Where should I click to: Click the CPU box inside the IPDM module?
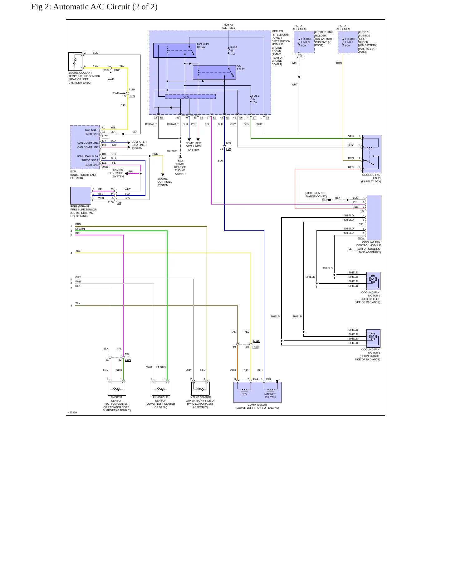190,97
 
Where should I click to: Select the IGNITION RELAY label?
203,46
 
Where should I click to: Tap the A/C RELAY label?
241,68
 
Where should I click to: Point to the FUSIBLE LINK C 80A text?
306,42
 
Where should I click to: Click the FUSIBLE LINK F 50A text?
351,42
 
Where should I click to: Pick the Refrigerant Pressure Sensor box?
81,195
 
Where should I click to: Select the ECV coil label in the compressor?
244,394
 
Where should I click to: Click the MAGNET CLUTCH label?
270,396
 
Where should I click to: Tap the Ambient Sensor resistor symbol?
117,389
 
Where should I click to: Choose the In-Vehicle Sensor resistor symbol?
161,389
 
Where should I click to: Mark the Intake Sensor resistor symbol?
200,389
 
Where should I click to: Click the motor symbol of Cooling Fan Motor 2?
373,279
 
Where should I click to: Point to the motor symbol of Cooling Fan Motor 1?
373,336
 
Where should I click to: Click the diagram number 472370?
72,412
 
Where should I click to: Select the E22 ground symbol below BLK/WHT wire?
180,157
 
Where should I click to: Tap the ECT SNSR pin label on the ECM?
92,130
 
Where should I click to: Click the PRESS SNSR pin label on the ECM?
90,160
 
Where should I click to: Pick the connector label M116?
256,341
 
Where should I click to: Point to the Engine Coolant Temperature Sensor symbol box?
75,61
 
